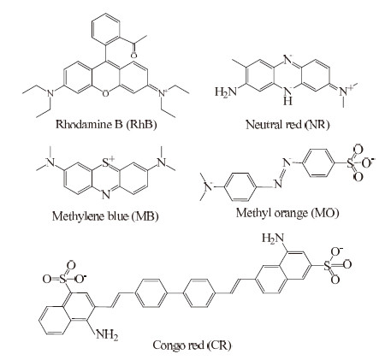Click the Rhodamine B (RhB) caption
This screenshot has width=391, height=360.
106,125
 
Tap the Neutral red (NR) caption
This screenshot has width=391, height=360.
287,125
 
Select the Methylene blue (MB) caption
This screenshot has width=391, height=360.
105,216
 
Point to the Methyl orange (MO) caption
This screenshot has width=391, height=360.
287,213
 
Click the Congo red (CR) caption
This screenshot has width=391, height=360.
192,345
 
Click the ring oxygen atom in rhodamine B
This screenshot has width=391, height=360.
105,93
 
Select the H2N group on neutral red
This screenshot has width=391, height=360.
226,91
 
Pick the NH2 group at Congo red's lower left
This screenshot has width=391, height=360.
107,334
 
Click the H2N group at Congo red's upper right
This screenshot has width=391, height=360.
273,238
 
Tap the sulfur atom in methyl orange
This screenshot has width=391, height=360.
351,163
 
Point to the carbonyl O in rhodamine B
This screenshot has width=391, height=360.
133,55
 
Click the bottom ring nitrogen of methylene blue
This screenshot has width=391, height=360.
106,196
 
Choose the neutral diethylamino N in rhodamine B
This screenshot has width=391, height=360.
50,93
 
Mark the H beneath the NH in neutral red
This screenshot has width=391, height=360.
287,100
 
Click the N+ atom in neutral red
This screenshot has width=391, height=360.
343,91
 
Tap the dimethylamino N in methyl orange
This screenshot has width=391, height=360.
210,187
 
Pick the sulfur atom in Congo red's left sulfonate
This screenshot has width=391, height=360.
63,280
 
